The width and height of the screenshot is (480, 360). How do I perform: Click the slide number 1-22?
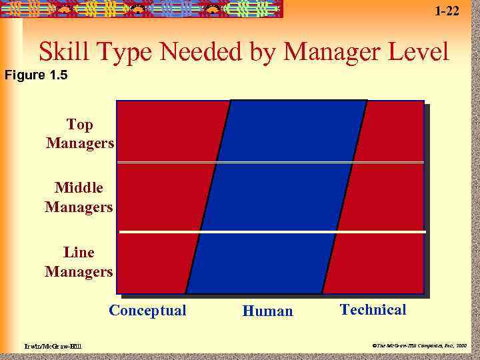point(446,10)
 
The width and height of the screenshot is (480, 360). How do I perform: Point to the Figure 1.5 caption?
point(36,75)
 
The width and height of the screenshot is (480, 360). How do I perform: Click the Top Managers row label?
point(80,134)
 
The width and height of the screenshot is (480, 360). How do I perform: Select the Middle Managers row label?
point(79,197)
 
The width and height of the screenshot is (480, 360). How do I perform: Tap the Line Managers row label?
point(79,262)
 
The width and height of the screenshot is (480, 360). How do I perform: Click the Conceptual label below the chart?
point(147,311)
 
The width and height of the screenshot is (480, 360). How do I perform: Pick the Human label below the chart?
point(267,311)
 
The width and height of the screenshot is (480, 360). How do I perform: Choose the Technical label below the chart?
point(373,309)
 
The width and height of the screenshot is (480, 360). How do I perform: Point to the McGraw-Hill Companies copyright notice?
point(419,346)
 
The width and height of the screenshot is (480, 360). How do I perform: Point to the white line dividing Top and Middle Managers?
point(270,162)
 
